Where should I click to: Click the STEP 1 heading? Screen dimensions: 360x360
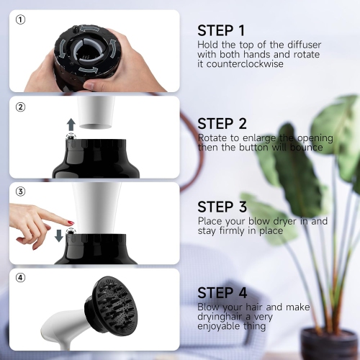[221, 30]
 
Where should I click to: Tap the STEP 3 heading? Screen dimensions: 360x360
[222, 207]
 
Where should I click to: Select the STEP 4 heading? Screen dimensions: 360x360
[222, 293]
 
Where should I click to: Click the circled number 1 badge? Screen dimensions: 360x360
[20, 19]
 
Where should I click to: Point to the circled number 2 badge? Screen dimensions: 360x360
[20, 107]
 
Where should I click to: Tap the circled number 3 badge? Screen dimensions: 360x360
[20, 192]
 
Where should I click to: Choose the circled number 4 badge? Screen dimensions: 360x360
[20, 279]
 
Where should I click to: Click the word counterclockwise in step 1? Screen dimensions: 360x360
[243, 63]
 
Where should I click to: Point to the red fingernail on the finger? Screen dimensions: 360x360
[71, 222]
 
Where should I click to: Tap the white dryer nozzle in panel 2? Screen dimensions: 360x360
[95, 111]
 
